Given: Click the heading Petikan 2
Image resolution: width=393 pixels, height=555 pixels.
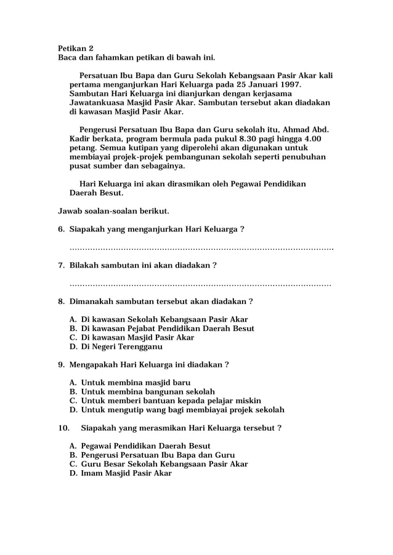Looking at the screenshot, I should pyautogui.click(x=76, y=47).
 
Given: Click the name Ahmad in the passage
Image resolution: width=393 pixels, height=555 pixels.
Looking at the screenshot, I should pyautogui.click(x=301, y=130).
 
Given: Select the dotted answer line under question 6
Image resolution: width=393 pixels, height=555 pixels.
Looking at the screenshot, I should pyautogui.click(x=201, y=249).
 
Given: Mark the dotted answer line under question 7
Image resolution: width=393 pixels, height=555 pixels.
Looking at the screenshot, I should pyautogui.click(x=200, y=285).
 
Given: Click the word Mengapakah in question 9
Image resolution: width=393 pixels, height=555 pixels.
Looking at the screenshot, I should pyautogui.click(x=98, y=364).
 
